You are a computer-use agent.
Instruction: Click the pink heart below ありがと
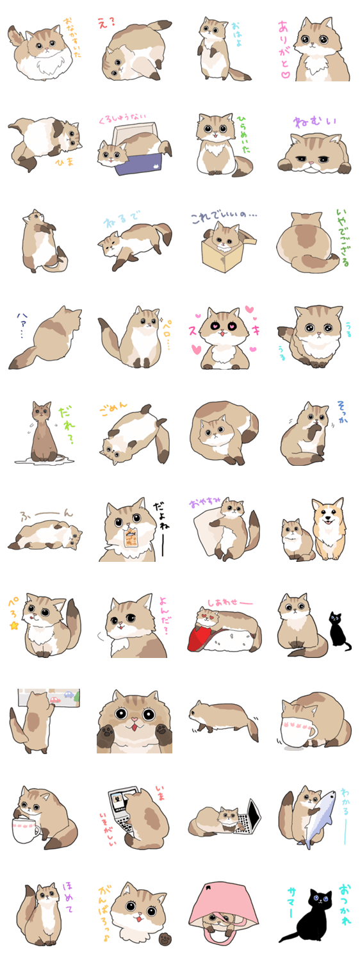click(x=286, y=74)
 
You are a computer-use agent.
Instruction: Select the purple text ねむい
click(x=315, y=121)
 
